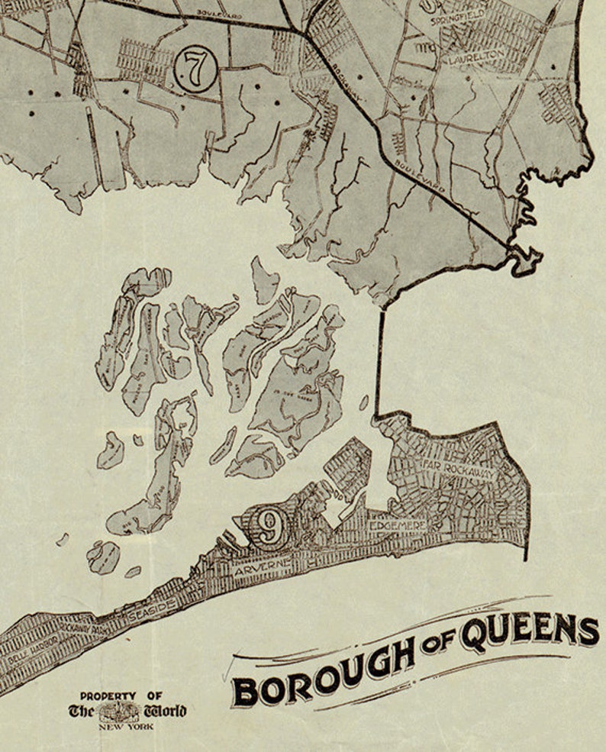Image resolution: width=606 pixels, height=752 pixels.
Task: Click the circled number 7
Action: click(195, 69)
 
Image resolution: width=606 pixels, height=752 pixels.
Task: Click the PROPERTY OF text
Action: click(122, 696)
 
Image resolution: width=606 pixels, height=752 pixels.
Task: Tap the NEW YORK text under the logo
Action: click(124, 726)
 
